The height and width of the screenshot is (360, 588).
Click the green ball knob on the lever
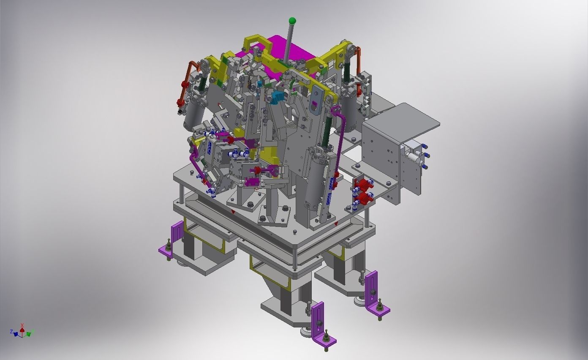click(292, 20)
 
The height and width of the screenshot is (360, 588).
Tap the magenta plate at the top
click(291, 49)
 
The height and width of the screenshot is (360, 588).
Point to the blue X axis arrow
click(15, 334)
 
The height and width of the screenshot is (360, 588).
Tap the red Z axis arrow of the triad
click(22, 326)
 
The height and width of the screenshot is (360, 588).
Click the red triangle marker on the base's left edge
click(232, 210)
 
